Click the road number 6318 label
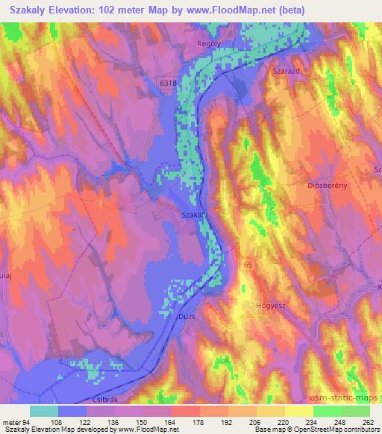click(x=168, y=84)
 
